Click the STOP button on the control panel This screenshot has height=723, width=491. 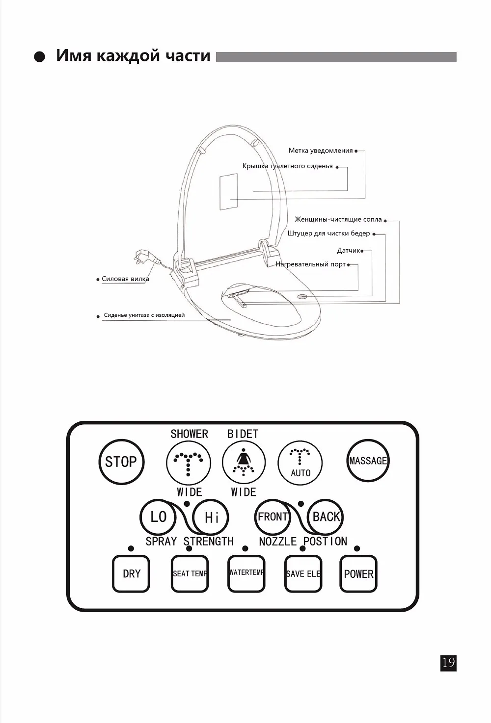[x=121, y=462]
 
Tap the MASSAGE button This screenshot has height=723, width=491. [x=368, y=461]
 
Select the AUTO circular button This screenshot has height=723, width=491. [x=300, y=463]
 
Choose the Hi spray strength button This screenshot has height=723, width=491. [x=211, y=517]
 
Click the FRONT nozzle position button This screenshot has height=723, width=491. [x=273, y=517]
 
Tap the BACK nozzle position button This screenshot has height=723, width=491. [x=325, y=517]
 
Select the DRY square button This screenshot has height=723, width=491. [x=131, y=574]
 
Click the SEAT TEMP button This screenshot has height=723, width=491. [x=190, y=574]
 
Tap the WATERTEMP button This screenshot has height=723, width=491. [x=246, y=574]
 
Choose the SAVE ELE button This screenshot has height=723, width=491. [x=303, y=574]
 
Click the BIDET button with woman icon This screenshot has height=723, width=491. [x=244, y=463]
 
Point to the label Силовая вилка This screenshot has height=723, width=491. [x=125, y=279]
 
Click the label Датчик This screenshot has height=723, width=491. [x=349, y=251]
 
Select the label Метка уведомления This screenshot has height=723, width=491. [x=321, y=151]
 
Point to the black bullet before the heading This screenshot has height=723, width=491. [x=39, y=57]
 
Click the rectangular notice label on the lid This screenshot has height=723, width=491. [x=229, y=192]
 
